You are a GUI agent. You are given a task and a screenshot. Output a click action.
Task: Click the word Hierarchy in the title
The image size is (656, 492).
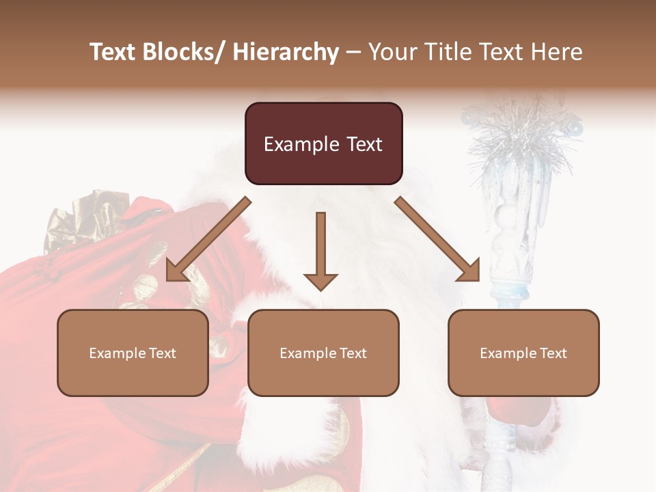(x=286, y=52)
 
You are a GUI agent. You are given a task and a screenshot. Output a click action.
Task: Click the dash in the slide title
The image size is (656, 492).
(x=353, y=52)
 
